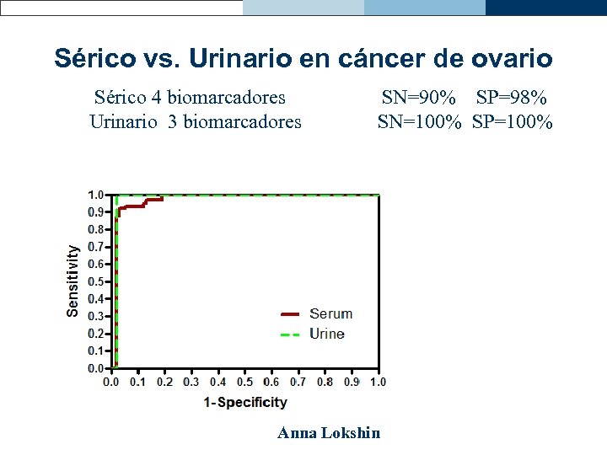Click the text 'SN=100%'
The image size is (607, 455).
(419, 122)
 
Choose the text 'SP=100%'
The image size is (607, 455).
(513, 122)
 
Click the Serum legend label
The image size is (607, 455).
(330, 313)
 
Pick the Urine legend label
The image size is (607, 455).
(327, 334)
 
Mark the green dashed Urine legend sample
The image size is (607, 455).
(290, 335)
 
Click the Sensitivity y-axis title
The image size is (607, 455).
(74, 281)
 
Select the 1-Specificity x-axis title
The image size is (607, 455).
(245, 403)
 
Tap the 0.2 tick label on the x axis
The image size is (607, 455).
(164, 382)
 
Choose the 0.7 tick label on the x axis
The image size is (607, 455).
(298, 382)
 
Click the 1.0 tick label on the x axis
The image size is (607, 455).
(378, 382)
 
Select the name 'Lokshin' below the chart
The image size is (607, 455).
(352, 433)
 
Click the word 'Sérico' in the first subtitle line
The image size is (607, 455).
(123, 99)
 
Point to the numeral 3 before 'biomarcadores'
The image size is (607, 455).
(172, 122)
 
